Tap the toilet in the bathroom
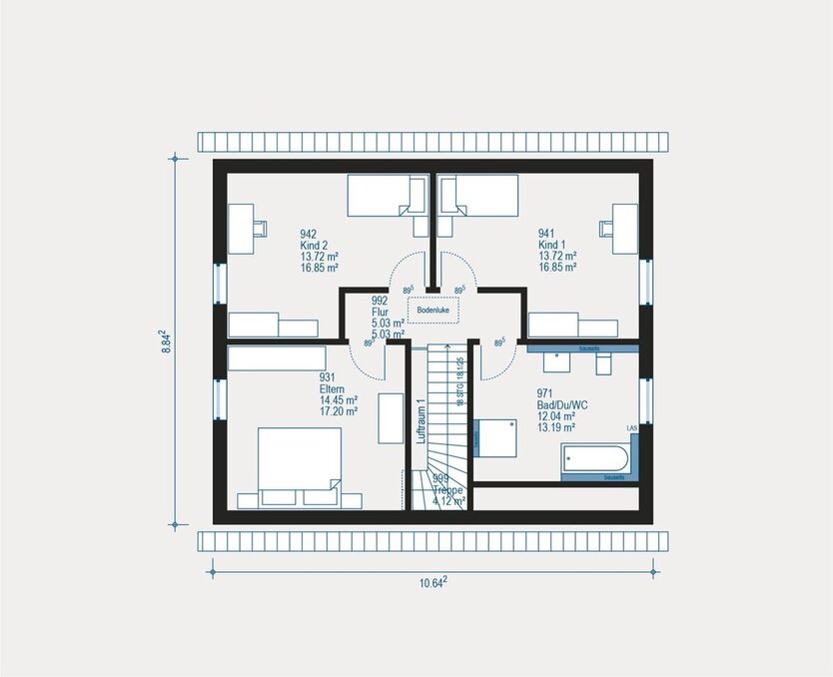602,365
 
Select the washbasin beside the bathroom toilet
549,363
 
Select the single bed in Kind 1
478,195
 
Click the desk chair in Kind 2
259,228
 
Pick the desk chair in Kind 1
605,228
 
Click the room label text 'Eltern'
333,389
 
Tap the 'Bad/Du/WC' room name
560,405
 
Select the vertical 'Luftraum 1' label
421,420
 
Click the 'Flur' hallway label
379,312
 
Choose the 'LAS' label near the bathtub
631,427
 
